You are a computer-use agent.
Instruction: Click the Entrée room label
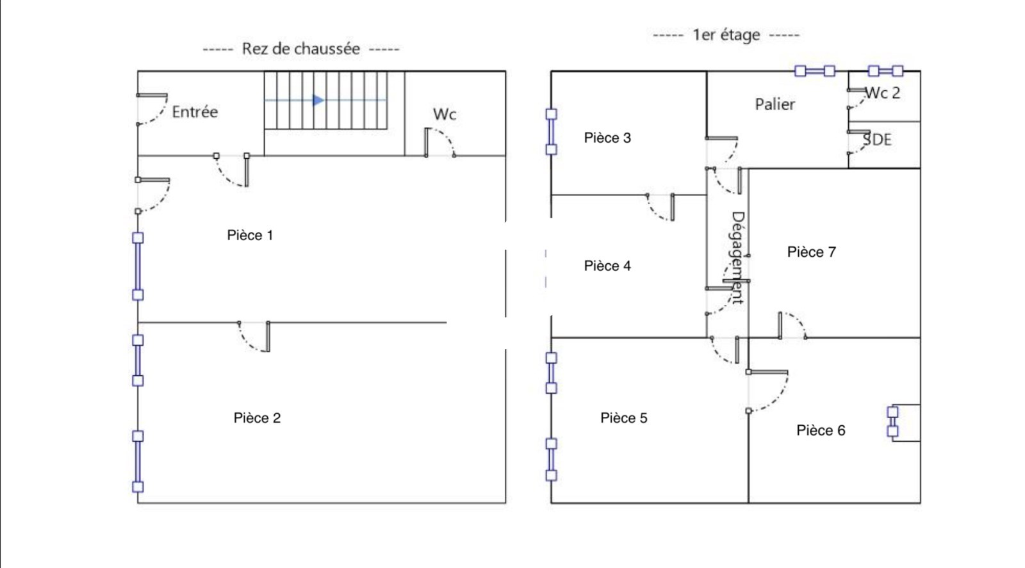point(195,112)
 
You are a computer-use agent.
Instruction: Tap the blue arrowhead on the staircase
point(318,100)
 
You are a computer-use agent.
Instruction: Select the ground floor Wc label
point(445,115)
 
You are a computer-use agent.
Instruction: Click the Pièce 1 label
point(250,235)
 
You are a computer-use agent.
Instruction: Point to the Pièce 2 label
point(257,418)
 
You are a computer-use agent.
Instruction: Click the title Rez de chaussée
point(300,49)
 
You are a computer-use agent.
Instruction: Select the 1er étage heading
point(726,35)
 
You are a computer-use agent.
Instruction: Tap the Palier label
point(775,104)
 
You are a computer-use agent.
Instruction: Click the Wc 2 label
point(883,93)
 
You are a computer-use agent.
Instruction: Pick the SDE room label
point(878,140)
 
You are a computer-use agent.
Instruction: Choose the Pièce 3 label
point(607,138)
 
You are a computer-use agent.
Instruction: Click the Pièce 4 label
point(607,266)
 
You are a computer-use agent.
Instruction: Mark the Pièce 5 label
point(623,418)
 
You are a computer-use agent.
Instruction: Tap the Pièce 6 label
point(821,430)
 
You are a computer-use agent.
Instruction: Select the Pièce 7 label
point(811,252)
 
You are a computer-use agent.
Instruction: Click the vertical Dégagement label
point(738,257)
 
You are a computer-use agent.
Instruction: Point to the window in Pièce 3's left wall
point(551,132)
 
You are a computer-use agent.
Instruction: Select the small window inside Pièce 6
point(892,421)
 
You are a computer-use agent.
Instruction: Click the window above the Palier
point(815,70)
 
